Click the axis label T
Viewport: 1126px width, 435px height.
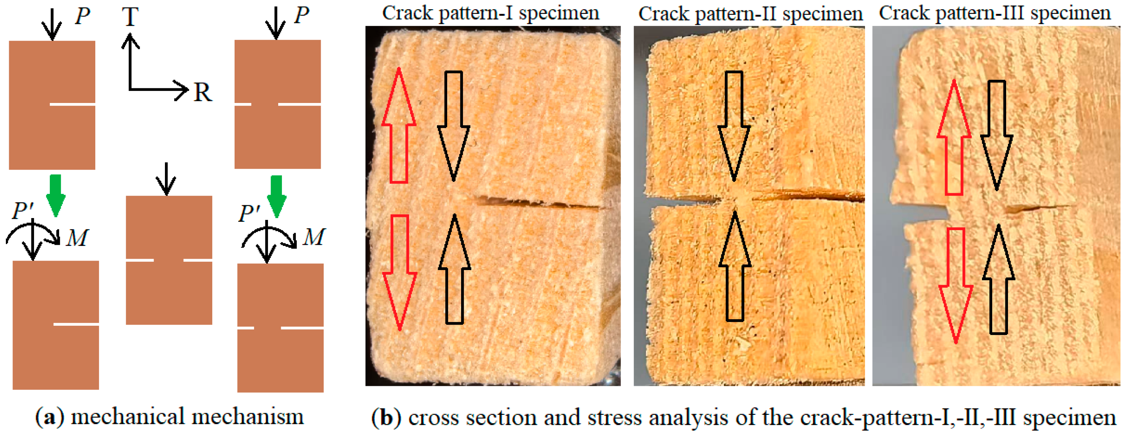(130, 17)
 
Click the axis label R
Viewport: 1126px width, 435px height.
(202, 93)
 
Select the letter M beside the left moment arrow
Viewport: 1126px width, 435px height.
(77, 238)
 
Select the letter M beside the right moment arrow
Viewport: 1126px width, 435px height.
(314, 237)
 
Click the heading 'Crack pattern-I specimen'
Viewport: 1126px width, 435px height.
(490, 13)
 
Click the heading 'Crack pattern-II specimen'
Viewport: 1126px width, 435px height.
(750, 14)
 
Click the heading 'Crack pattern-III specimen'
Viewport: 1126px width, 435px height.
(994, 13)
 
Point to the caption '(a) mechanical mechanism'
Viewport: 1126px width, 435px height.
(170, 417)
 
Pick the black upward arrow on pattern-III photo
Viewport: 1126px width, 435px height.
(998, 280)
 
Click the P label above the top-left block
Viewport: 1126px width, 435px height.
(82, 16)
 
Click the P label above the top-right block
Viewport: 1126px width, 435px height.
(301, 15)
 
